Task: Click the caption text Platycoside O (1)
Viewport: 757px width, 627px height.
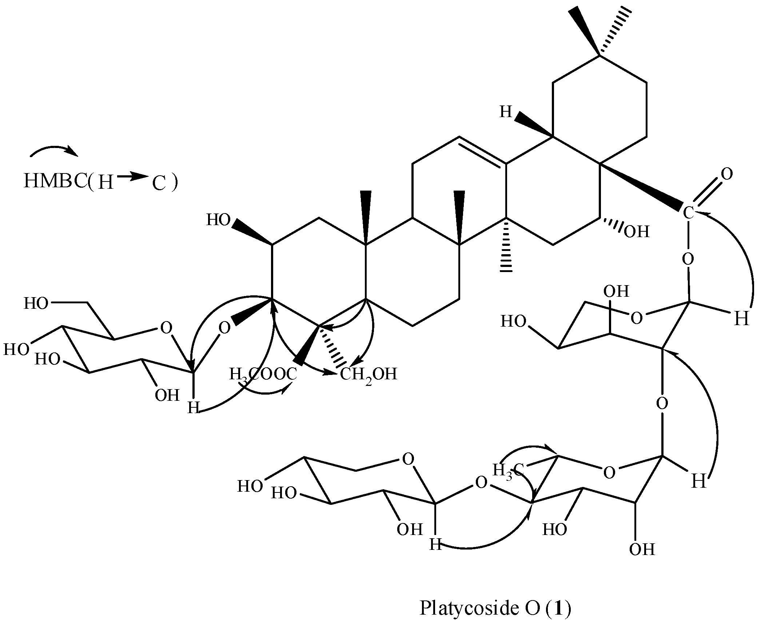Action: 495,608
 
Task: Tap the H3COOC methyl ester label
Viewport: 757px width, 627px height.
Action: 263,374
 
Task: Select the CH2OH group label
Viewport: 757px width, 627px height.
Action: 368,374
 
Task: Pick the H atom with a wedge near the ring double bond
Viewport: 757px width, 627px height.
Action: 506,112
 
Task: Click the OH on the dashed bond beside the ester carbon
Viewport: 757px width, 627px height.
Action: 637,232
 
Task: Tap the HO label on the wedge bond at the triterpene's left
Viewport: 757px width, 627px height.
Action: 218,220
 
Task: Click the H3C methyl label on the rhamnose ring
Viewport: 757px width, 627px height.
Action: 508,470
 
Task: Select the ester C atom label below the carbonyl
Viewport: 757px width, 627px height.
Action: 688,213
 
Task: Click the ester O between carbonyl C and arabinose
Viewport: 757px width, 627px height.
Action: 688,259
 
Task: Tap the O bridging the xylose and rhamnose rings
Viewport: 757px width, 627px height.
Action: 481,483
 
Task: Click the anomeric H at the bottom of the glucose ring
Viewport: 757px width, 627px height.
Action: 193,408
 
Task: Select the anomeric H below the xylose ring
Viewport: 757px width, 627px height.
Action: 435,545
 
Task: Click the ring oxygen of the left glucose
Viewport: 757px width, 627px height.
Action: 166,328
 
